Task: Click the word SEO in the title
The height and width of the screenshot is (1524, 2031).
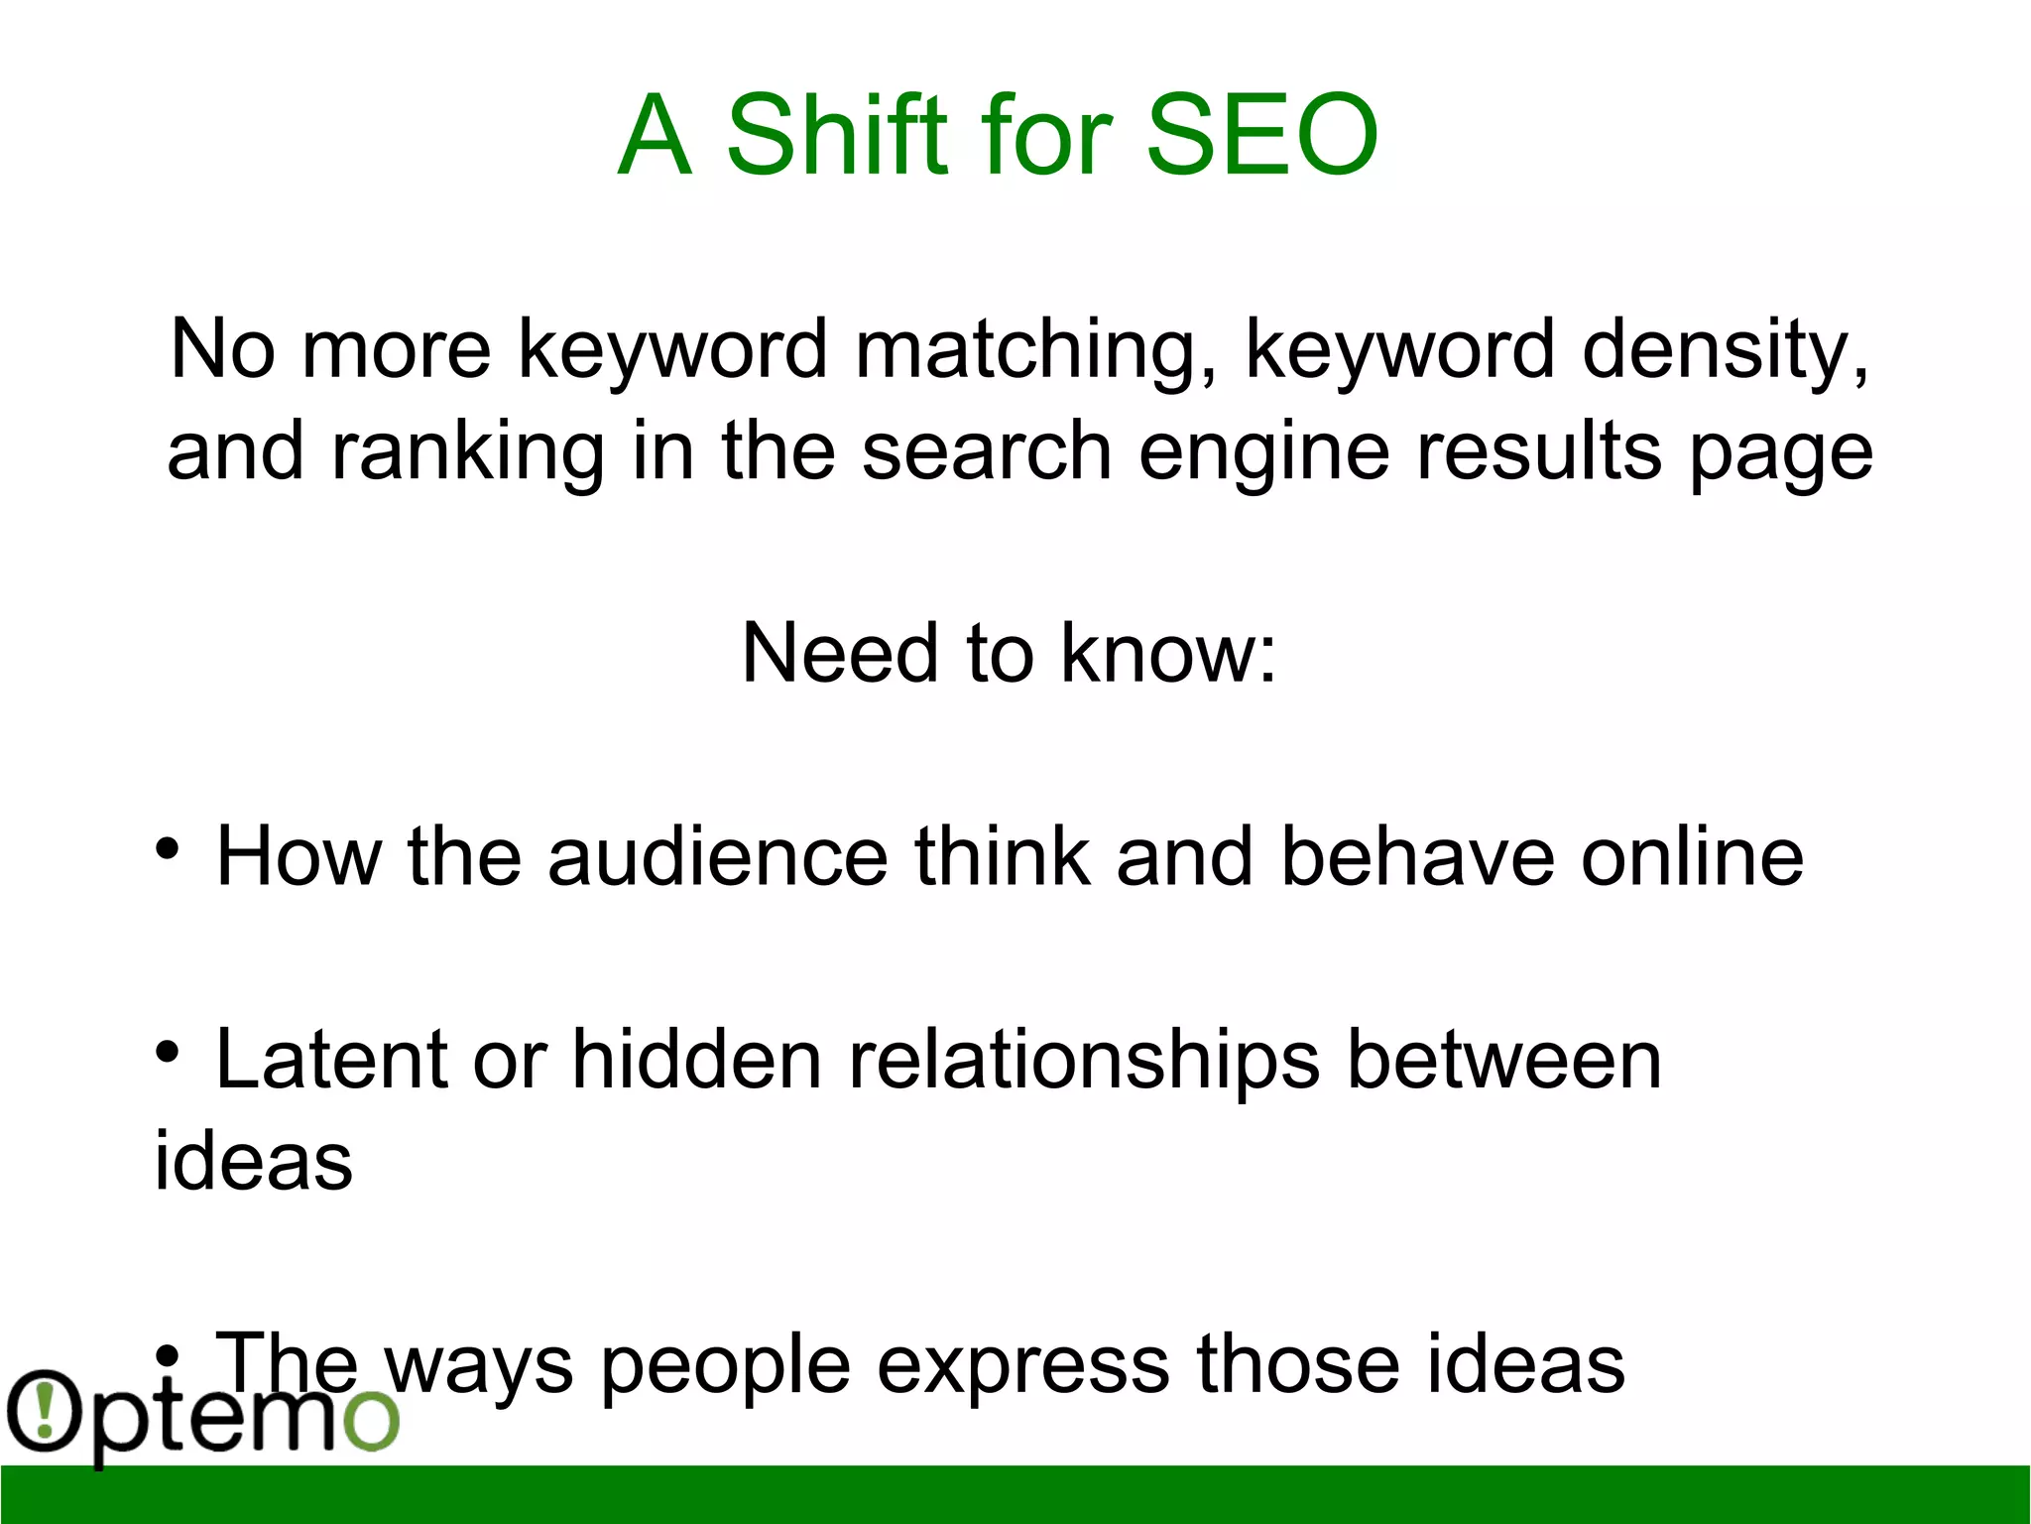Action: click(1260, 135)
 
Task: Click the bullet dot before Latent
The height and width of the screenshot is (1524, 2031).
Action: click(168, 1051)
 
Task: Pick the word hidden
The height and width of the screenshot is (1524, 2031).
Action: click(697, 1060)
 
